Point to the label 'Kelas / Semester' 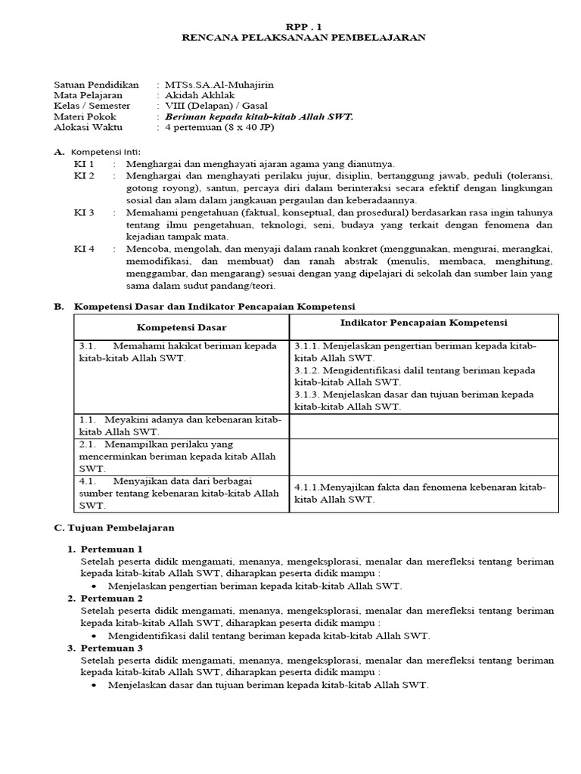point(92,106)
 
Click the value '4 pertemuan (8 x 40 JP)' point(220,128)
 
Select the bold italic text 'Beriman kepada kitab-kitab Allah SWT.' point(259,117)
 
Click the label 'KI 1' point(83,164)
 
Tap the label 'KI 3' point(83,212)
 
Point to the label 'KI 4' point(83,249)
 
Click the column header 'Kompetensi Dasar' point(181,327)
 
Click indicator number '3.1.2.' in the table point(308,370)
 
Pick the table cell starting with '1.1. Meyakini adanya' point(181,426)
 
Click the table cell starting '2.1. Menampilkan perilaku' point(181,457)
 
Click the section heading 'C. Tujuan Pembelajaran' point(114,528)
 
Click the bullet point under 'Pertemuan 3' point(93,686)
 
